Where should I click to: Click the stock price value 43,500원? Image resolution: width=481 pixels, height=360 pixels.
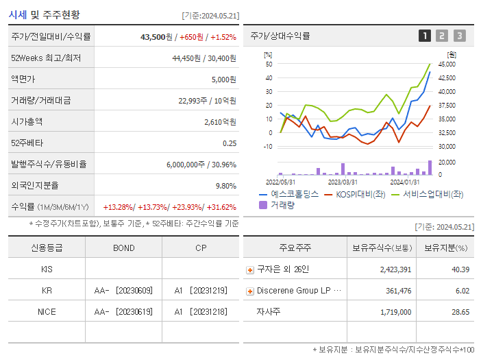pyautogui.click(x=153, y=36)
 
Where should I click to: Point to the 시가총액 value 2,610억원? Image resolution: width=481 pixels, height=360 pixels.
pyautogui.click(x=220, y=122)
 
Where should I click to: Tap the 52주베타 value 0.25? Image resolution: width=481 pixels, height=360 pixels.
pyautogui.click(x=230, y=143)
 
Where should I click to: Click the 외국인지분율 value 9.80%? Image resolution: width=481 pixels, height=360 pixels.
pyautogui.click(x=226, y=186)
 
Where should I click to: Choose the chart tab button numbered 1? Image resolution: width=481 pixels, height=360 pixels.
pyautogui.click(x=425, y=36)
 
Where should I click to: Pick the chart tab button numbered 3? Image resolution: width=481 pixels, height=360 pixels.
pyautogui.click(x=459, y=36)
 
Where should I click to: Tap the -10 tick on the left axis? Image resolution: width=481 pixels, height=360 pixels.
pyautogui.click(x=268, y=146)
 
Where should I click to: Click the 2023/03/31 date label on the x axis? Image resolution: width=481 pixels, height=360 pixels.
pyautogui.click(x=343, y=182)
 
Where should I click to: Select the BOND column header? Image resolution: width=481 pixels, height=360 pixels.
pyautogui.click(x=123, y=248)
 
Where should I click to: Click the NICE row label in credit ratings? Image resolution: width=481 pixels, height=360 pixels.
pyautogui.click(x=47, y=311)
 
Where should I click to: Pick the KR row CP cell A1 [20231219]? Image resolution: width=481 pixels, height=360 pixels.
pyautogui.click(x=200, y=291)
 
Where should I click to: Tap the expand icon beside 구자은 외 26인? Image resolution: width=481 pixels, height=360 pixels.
pyautogui.click(x=250, y=269)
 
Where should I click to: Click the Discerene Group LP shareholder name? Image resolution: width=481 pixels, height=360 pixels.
pyautogui.click(x=298, y=291)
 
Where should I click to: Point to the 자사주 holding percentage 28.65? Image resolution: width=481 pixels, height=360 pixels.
pyautogui.click(x=460, y=311)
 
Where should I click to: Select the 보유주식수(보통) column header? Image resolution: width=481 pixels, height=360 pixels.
pyautogui.click(x=382, y=248)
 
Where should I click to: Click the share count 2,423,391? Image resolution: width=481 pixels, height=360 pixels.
pyautogui.click(x=395, y=269)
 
